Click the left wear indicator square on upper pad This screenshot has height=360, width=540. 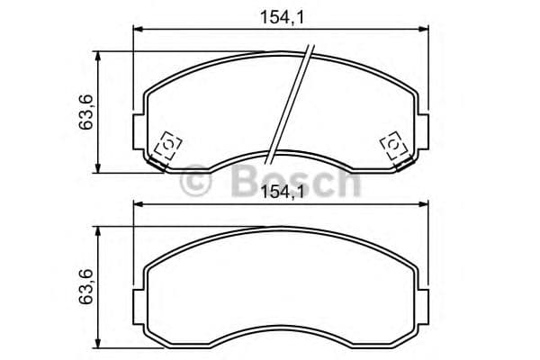[x=167, y=146]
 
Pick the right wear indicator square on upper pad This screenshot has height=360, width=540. [x=393, y=146]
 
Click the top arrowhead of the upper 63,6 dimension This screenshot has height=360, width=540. [x=98, y=55]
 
